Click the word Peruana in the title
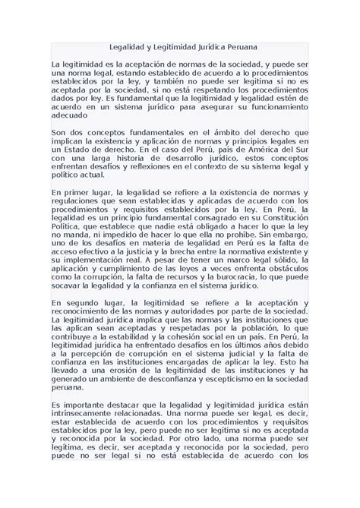pyautogui.click(x=240, y=47)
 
